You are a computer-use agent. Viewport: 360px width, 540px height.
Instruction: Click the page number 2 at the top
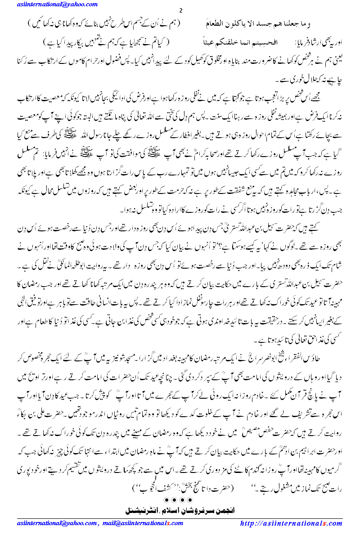pos(180,11)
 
